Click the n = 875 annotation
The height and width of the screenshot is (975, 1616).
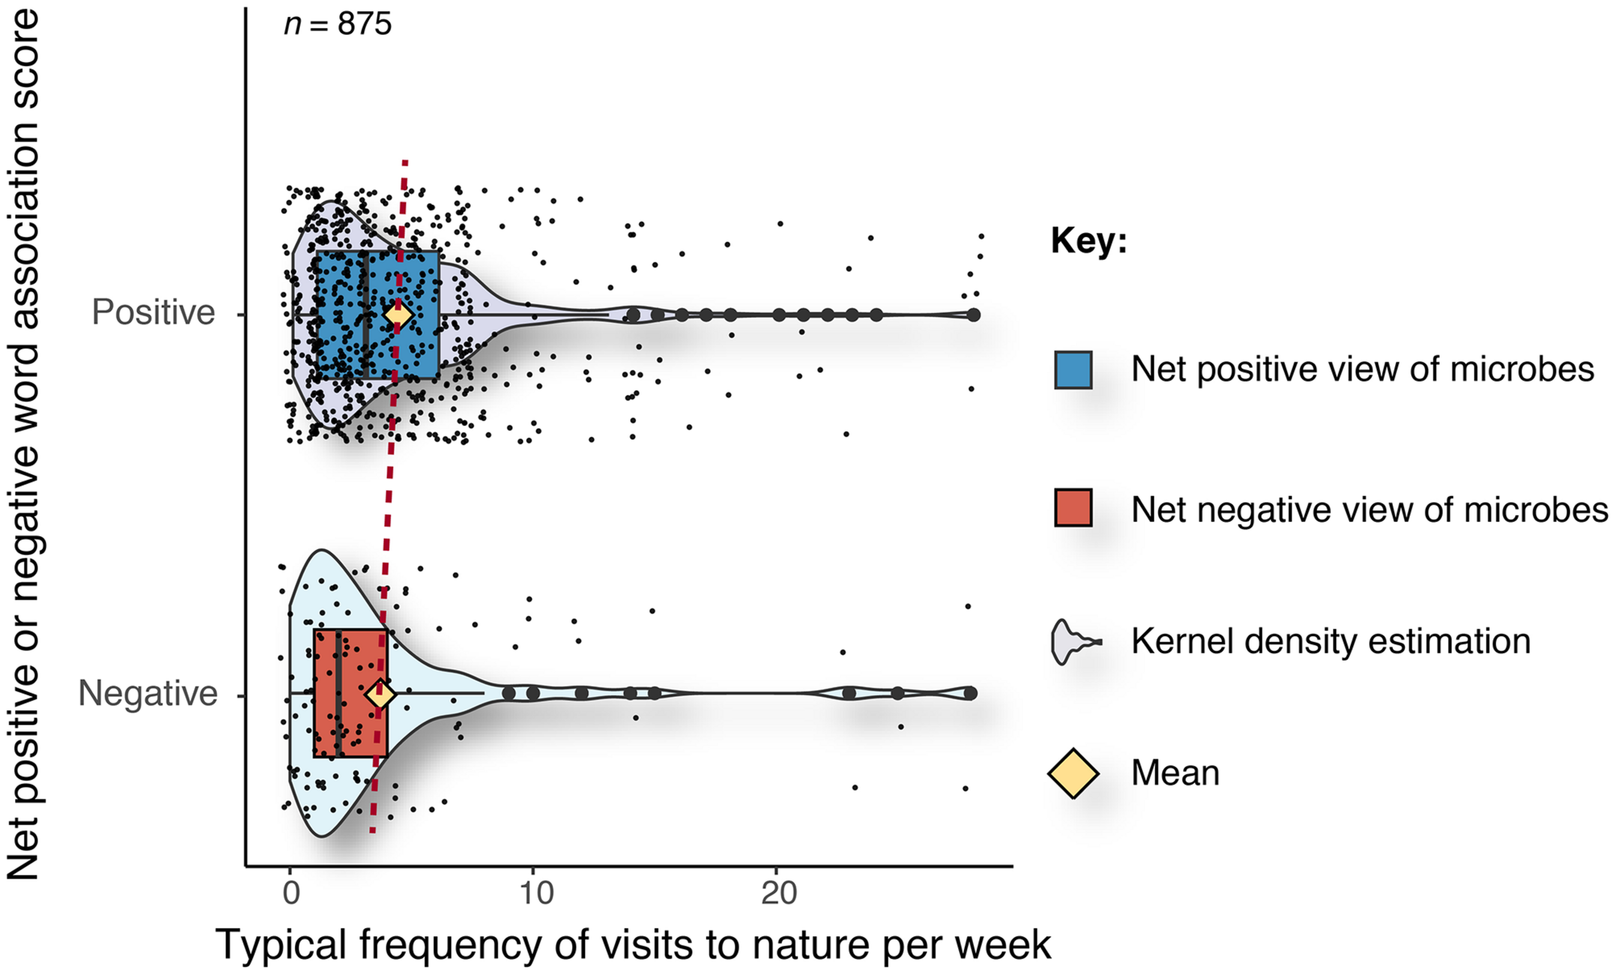point(338,25)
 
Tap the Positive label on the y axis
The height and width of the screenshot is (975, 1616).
point(153,312)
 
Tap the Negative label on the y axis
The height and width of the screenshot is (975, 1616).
point(147,694)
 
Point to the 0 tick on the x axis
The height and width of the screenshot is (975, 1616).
point(290,894)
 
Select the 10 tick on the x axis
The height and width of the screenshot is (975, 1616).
point(536,894)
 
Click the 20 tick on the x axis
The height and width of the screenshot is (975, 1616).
point(778,894)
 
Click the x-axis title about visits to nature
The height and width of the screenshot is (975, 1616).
point(633,945)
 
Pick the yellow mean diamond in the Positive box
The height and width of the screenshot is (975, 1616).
point(398,315)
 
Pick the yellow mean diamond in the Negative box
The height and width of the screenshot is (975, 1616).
point(379,694)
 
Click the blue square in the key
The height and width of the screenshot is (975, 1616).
point(1073,370)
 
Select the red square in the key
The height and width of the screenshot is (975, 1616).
point(1073,508)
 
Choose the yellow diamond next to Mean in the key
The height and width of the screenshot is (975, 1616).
point(1073,773)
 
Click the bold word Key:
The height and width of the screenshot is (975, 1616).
point(1089,241)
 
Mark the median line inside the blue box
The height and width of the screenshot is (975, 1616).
point(365,315)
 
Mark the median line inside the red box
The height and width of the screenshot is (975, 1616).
point(338,693)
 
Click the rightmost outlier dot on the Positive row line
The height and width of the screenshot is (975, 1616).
point(973,315)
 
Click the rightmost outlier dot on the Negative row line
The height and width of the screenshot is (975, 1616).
point(971,693)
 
